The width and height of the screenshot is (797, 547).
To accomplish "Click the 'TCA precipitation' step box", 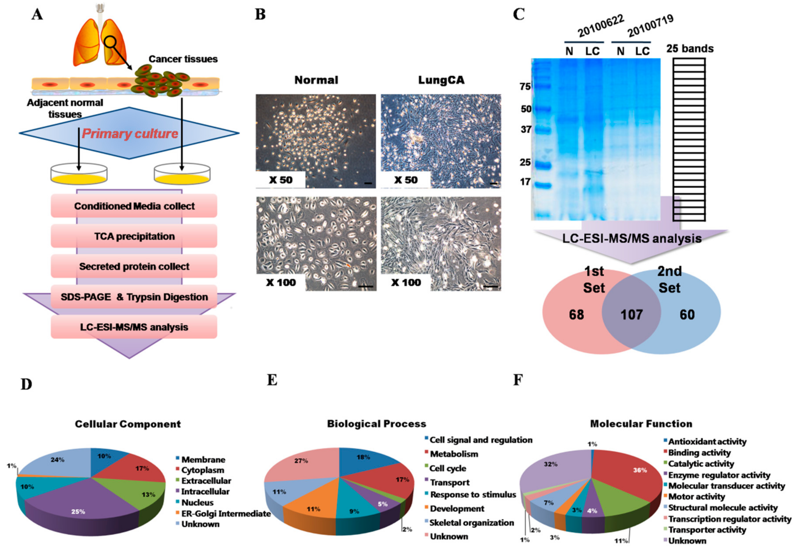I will (x=134, y=236).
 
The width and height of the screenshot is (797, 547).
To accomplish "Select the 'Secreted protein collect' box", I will (x=134, y=266).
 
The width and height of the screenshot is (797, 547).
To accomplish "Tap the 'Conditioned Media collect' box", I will (x=134, y=206).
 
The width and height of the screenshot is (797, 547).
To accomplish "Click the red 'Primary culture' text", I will (x=130, y=133).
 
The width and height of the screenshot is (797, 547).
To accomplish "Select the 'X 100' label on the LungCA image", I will (x=406, y=282).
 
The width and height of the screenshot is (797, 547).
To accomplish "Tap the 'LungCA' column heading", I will (x=441, y=80).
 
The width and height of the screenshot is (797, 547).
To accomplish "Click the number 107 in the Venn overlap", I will (x=631, y=315).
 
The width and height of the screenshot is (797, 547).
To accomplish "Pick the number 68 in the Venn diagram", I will (x=576, y=315).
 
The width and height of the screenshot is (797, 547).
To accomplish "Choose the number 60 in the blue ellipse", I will (x=687, y=315).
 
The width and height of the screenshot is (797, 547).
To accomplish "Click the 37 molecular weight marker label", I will (x=526, y=130).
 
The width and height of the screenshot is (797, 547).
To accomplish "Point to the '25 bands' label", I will (x=690, y=49).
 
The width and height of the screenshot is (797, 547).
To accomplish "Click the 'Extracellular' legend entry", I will (x=206, y=481).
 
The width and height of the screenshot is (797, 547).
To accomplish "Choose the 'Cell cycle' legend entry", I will (x=448, y=468).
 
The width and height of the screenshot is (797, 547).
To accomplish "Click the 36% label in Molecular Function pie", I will (x=639, y=470).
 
